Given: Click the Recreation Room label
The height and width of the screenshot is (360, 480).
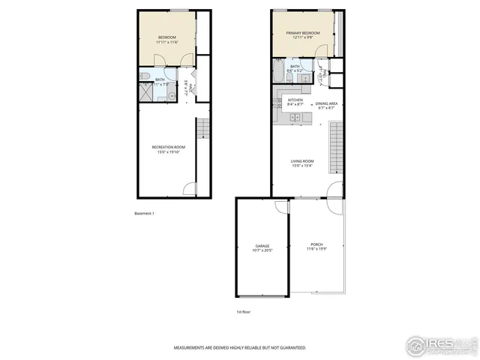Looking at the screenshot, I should coord(166,146).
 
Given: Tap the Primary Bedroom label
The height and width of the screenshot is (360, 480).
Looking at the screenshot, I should coord(305,33).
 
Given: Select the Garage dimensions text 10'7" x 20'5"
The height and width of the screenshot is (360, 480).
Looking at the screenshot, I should coord(262,250).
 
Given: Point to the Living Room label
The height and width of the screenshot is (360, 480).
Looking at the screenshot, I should coord(302,160).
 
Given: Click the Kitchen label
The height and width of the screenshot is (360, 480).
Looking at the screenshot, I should coord(295,100).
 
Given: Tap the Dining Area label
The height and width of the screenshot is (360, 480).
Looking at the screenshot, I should coord(325,103).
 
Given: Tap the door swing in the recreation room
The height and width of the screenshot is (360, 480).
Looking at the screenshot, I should coord(191,187).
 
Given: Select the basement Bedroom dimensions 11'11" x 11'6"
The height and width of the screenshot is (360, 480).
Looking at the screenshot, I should coord(166,42).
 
